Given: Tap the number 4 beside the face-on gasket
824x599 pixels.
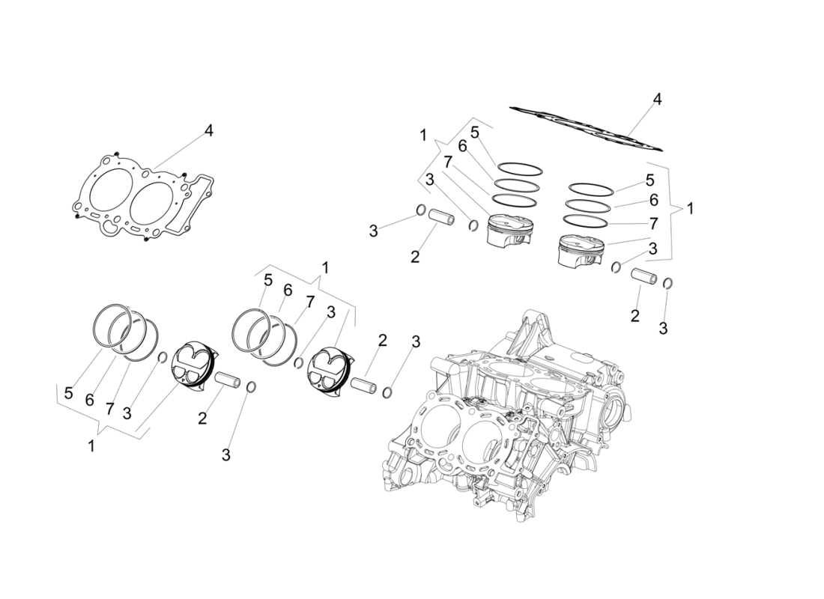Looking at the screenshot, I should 209,130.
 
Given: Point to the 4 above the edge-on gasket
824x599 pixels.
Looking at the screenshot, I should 657,99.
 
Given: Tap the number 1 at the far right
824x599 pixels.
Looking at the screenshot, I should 690,209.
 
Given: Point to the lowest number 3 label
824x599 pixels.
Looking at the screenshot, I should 225,454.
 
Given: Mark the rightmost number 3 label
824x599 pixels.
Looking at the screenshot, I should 663,327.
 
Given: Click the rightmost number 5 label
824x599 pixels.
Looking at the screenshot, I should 649,180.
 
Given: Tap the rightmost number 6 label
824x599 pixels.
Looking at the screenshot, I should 653,201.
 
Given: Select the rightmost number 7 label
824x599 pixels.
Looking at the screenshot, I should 653,223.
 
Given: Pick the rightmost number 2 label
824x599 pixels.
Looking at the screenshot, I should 635,315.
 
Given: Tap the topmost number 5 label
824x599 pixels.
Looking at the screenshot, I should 475,132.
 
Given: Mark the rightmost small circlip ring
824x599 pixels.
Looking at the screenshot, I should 668,283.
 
